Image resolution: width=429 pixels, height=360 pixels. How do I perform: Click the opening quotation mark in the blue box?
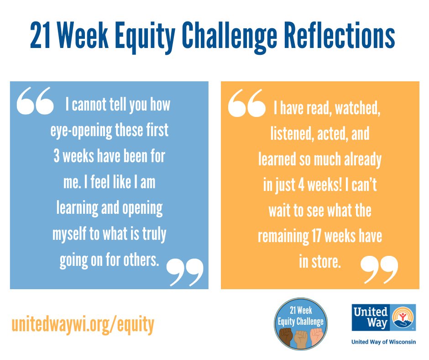pos(35,102)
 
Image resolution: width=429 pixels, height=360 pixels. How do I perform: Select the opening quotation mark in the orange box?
pos(246,103)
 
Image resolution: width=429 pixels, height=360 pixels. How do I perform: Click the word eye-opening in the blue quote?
pos(81,131)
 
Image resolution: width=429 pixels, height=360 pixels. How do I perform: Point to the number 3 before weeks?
pos(57,156)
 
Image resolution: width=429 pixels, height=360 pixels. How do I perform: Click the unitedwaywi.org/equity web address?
pos(83,324)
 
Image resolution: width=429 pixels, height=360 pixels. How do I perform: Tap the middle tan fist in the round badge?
pos(301,338)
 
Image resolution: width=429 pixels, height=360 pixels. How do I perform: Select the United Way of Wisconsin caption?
pos(383,342)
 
